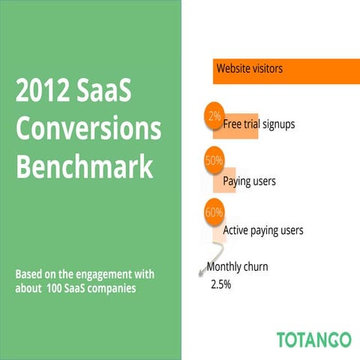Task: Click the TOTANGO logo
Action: [x=313, y=338]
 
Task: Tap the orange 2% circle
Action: [x=214, y=116]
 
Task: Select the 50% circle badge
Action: [x=214, y=159]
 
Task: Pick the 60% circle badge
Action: [x=214, y=211]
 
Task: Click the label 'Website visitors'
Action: [x=250, y=69]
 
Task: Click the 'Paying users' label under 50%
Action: [x=250, y=181]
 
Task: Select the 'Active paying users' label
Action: [x=263, y=230]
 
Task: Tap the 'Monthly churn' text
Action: [x=237, y=266]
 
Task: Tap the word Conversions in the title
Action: [x=88, y=130]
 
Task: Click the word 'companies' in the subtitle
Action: [x=112, y=288]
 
